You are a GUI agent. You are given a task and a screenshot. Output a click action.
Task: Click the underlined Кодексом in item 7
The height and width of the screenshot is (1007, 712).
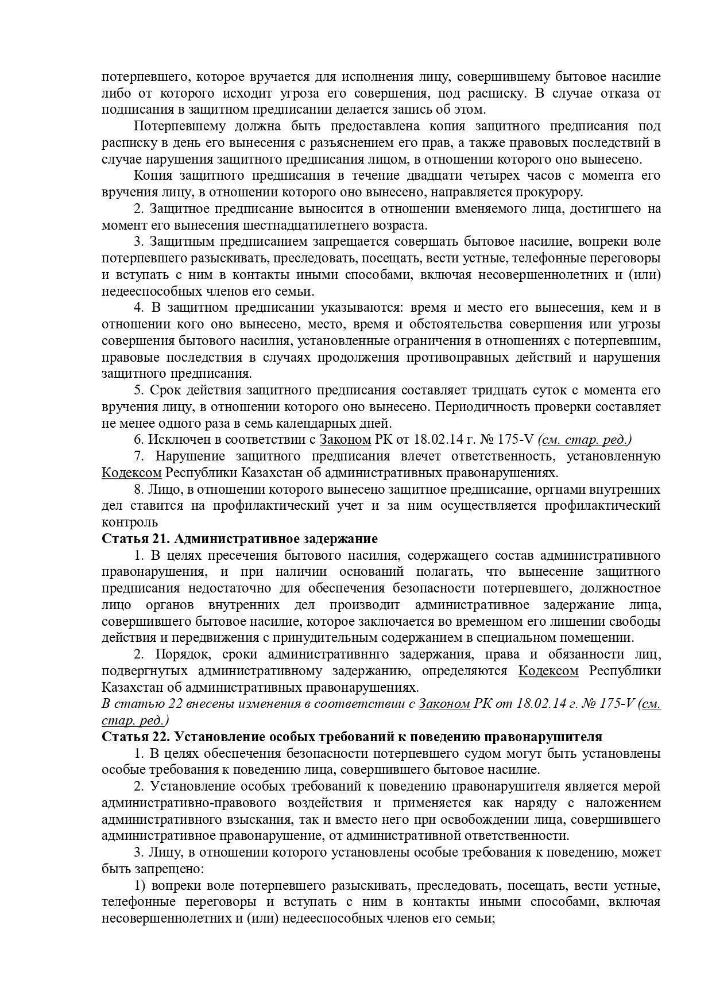coord(131,473)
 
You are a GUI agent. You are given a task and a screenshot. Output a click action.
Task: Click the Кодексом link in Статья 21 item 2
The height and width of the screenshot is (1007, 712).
coord(548,671)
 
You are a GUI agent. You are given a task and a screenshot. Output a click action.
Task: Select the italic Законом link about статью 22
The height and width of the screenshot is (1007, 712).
coord(444,704)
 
